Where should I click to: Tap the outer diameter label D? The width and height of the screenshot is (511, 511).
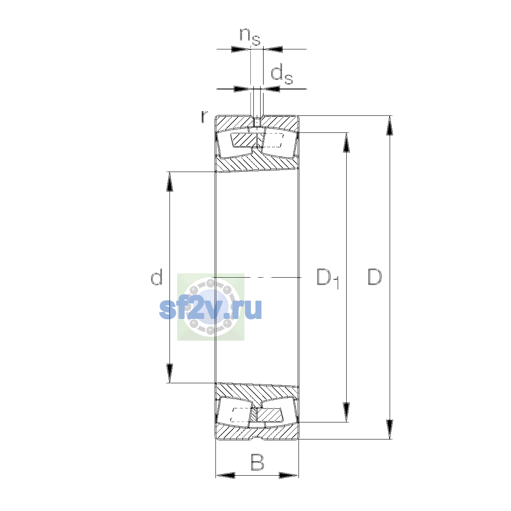tap(374, 277)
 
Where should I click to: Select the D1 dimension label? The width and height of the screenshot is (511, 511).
tap(328, 278)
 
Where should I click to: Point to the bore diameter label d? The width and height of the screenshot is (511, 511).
tap(156, 277)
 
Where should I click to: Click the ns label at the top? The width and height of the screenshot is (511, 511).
tap(250, 37)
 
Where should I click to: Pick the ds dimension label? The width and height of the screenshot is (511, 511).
tap(281, 75)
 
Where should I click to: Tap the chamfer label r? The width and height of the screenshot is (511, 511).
tap(204, 117)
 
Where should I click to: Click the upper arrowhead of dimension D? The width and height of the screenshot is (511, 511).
tap(389, 126)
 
